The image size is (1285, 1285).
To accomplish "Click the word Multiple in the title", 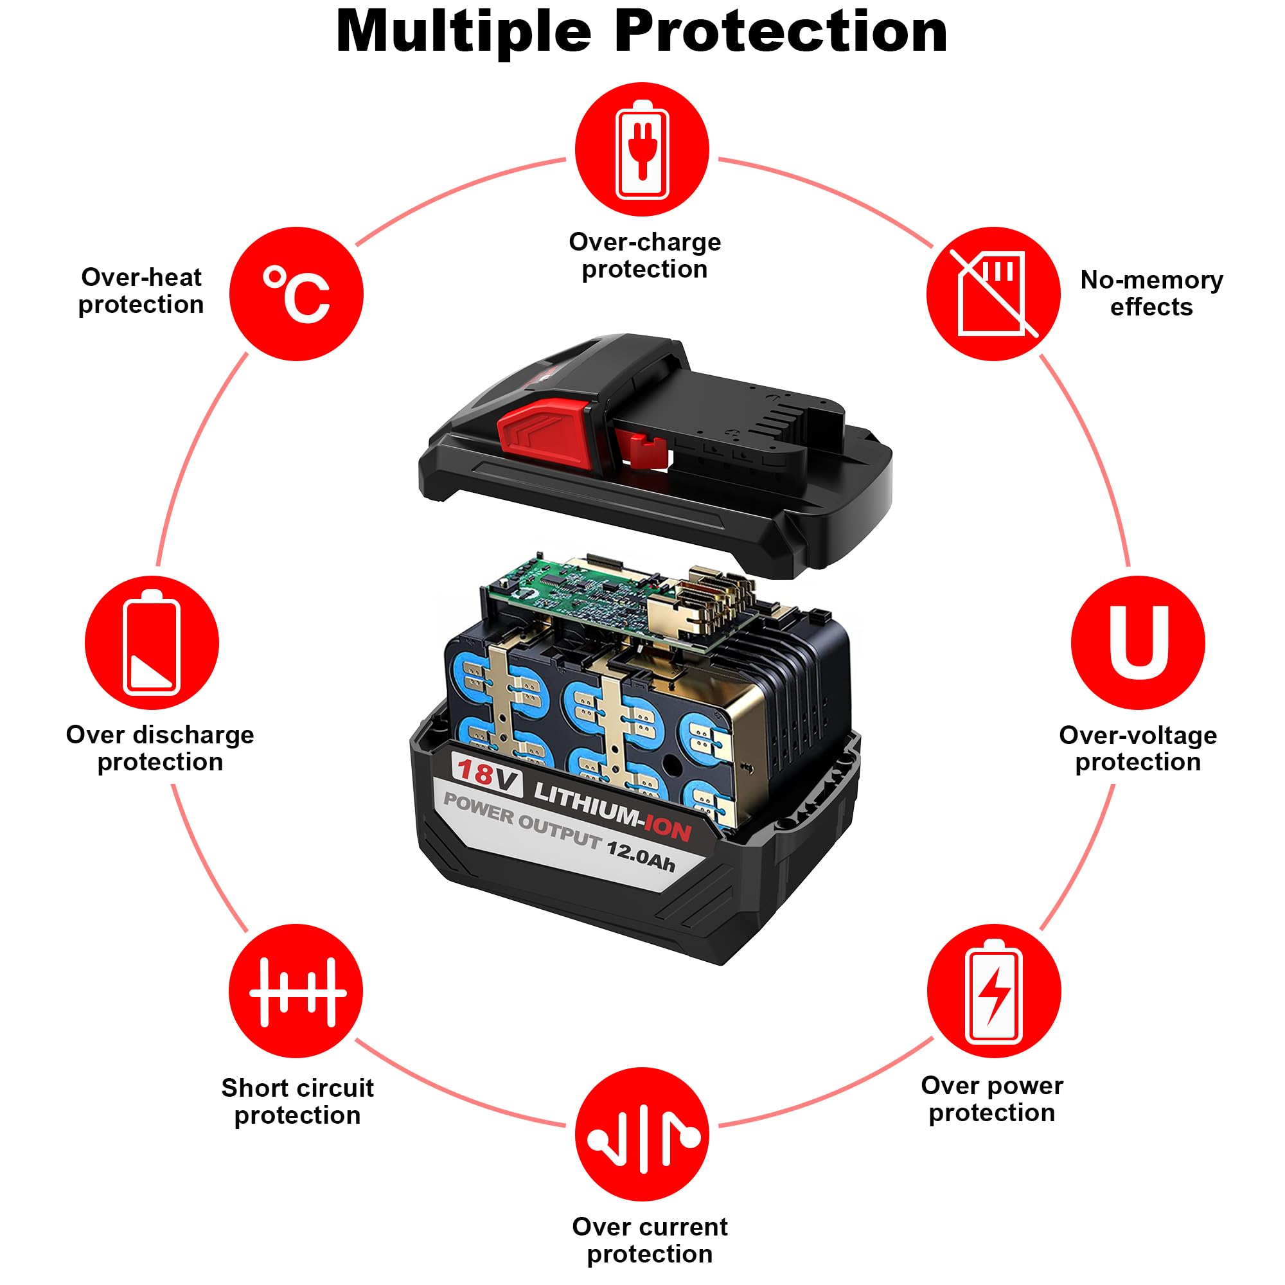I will (464, 32).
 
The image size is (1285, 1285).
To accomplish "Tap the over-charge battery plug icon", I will (642, 150).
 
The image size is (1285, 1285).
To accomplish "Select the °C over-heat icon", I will (297, 294).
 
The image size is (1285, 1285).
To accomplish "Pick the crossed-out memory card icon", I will (993, 294).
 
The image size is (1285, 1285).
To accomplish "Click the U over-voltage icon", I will (1138, 642).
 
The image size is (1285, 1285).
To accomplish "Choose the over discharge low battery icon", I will (152, 642).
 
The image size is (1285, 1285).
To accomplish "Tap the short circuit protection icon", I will (296, 991).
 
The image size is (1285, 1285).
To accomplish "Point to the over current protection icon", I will (642, 1135).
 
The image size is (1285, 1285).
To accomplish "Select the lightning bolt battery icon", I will (994, 991).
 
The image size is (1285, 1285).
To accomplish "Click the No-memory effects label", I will (1151, 294).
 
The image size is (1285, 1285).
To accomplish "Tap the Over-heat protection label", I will (141, 290).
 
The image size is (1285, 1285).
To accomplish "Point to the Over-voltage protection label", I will (1138, 749).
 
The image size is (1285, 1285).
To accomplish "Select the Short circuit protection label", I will (297, 1101).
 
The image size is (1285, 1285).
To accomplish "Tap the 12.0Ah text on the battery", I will (641, 856).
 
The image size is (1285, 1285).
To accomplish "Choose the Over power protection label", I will (991, 1099).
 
